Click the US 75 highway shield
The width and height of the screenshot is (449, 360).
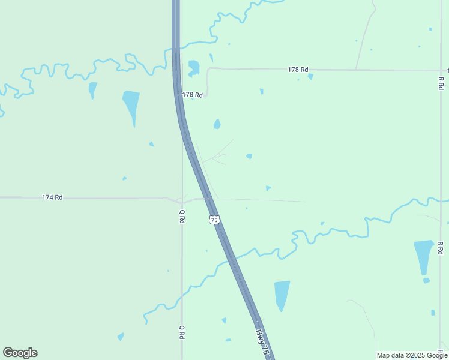[214, 220]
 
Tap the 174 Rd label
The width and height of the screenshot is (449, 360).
[53, 197]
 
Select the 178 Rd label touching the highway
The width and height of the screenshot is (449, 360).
[192, 95]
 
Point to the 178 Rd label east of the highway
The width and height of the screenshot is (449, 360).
[298, 70]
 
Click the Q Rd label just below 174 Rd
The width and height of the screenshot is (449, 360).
[182, 216]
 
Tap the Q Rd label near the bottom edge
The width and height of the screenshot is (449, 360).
[182, 332]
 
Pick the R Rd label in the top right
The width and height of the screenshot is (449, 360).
[441, 83]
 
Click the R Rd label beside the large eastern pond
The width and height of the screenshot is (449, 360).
[441, 248]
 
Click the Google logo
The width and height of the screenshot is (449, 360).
[20, 353]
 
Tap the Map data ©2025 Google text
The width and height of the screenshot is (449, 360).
[412, 355]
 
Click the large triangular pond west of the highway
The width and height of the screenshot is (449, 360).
[131, 104]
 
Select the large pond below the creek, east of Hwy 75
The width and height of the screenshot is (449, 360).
[282, 293]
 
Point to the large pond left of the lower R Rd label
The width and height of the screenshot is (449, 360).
[423, 256]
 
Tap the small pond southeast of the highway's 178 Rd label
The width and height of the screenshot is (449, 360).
[217, 124]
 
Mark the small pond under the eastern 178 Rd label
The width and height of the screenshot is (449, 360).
[310, 77]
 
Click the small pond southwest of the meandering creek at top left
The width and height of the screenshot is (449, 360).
[92, 89]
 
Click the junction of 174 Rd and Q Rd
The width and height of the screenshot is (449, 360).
[182, 199]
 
